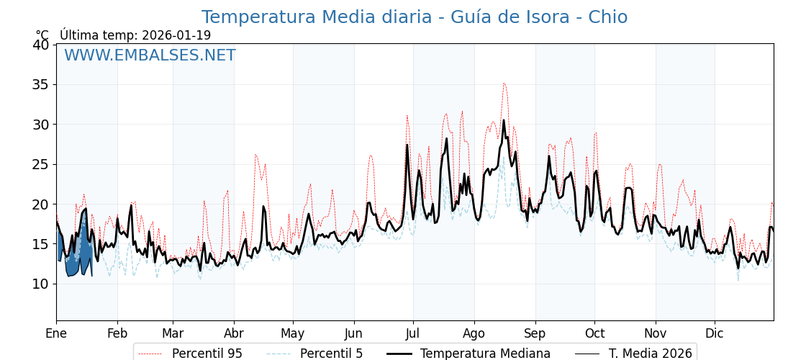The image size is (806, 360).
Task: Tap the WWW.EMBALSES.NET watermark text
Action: tap(150, 55)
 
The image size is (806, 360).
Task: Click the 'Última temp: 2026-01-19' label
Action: tap(135, 35)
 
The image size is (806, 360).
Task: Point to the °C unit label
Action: tap(42, 35)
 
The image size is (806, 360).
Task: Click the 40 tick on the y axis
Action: tap(40, 45)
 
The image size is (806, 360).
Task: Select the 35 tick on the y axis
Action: tap(40, 84)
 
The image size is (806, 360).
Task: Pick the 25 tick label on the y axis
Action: tap(40, 164)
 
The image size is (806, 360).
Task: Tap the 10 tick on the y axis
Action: tap(40, 284)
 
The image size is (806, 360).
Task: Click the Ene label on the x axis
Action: tap(56, 334)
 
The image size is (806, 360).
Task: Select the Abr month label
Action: tap(234, 334)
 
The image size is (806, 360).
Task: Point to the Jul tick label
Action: tap(413, 334)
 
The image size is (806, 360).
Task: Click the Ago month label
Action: tap(474, 334)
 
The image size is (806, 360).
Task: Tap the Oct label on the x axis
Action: tap(594, 334)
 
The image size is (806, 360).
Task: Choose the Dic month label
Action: tap(715, 334)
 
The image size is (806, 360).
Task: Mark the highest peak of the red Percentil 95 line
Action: tap(504, 83)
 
